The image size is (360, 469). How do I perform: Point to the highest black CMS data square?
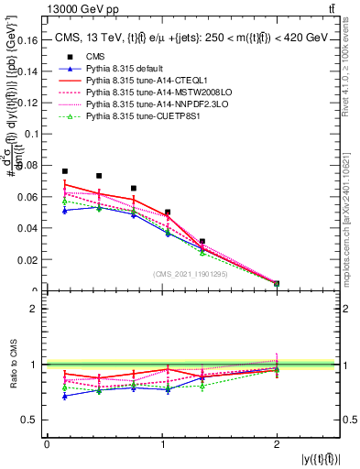tap(65, 171)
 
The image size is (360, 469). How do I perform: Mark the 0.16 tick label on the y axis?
tap(28, 40)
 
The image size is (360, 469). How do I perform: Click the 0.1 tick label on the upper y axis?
tap(32, 134)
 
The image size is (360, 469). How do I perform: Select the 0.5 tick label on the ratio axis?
tap(32, 420)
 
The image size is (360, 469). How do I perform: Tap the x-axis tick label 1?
tap(162, 444)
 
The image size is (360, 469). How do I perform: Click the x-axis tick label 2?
tap(277, 444)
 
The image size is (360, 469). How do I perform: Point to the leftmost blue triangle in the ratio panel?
tap(65, 396)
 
